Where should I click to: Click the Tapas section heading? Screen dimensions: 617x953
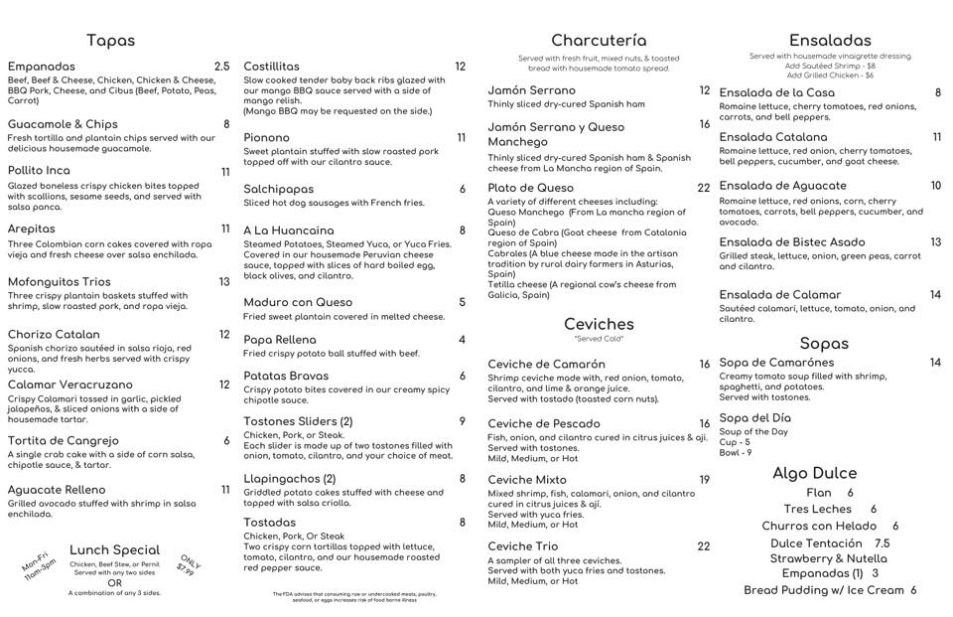(110, 41)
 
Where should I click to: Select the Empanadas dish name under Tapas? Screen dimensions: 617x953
(42, 67)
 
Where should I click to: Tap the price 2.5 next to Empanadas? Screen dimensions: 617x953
(221, 67)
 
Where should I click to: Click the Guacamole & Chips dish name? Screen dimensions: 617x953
(63, 124)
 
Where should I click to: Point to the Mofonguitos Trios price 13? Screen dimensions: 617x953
(224, 282)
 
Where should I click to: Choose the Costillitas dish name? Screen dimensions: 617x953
(271, 67)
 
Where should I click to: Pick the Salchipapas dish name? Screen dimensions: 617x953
(278, 189)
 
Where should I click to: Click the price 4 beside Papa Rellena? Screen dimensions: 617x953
(462, 340)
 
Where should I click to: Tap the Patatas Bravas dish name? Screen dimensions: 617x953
(286, 376)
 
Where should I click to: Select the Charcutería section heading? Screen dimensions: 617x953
(599, 41)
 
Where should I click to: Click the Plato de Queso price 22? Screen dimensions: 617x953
(703, 188)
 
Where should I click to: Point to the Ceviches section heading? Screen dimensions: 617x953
(599, 324)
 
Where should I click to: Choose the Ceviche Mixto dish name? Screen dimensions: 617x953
(527, 480)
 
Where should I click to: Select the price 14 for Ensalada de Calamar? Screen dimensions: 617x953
(935, 295)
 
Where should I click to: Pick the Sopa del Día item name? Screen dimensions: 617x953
(755, 418)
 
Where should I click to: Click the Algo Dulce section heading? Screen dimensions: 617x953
(814, 473)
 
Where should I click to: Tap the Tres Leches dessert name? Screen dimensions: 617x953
(818, 509)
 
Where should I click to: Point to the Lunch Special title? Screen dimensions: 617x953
(114, 549)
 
